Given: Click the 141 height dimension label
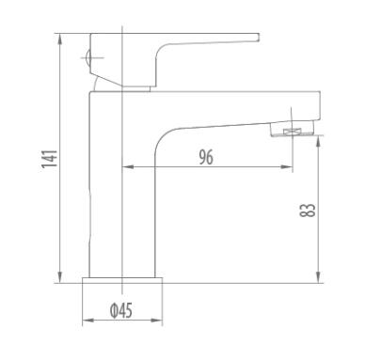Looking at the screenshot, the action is (x=50, y=159).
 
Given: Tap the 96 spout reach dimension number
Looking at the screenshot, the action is (x=206, y=157).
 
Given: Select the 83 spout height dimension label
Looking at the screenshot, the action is (x=308, y=210).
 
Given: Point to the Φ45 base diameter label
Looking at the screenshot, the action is (x=121, y=310).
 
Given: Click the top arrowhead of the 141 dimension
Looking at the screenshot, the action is (x=60, y=39).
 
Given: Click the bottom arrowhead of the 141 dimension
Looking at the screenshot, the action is (x=60, y=277).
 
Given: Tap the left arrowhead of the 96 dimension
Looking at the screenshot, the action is (x=128, y=167).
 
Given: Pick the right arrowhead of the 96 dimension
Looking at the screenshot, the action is (x=287, y=167).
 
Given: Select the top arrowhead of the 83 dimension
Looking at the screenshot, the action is (x=318, y=142).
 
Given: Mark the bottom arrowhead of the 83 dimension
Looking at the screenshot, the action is (x=318, y=277).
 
